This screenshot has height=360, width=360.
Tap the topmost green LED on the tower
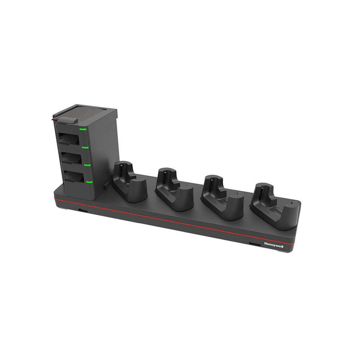[x=83, y=129]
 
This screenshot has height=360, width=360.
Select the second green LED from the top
[x=85, y=147]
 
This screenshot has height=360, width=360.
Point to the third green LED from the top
[x=87, y=165]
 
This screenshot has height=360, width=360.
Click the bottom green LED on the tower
[x=89, y=182]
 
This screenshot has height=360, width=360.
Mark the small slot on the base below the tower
[x=81, y=209]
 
